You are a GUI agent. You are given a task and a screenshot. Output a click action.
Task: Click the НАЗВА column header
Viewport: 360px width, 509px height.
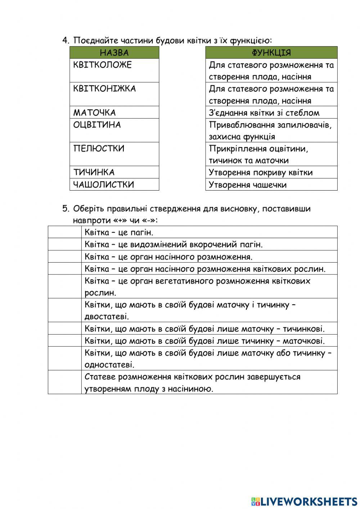tap(114, 53)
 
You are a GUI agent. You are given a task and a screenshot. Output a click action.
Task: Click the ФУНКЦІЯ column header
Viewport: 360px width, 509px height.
tap(271, 53)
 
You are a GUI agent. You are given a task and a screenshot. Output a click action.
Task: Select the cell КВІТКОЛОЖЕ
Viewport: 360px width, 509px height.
tap(114, 70)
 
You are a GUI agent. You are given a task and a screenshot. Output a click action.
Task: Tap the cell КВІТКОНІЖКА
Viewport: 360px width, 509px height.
tap(114, 94)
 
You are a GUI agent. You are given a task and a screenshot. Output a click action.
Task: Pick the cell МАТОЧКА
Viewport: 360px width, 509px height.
tap(114, 112)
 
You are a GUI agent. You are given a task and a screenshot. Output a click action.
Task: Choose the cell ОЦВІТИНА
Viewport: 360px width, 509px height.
tap(114, 130)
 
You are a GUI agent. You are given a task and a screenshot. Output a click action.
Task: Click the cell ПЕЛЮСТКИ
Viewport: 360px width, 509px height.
tap(114, 154)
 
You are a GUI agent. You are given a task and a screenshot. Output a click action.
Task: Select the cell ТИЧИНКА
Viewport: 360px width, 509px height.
tap(114, 172)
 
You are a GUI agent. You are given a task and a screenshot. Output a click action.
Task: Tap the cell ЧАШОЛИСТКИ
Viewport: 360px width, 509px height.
tap(114, 184)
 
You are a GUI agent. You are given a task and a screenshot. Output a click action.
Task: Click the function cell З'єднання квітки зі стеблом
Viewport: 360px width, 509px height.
tap(271, 112)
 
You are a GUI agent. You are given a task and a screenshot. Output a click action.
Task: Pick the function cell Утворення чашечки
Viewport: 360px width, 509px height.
tap(271, 184)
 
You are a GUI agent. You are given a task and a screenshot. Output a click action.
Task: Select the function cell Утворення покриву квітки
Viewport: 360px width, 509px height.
tap(271, 172)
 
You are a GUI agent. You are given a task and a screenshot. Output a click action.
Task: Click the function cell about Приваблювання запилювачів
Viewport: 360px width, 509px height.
tap(271, 130)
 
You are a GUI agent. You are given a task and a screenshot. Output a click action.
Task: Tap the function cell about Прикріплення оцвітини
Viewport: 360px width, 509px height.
tap(271, 154)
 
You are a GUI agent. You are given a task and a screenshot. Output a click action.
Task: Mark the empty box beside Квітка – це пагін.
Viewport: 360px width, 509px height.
tap(65, 232)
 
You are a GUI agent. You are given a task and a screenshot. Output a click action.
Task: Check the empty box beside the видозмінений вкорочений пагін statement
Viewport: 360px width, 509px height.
tap(65, 244)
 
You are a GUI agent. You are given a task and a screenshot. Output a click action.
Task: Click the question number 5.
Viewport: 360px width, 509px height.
tap(65, 209)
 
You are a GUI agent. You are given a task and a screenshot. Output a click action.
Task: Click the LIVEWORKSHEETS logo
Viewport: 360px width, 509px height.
tap(304, 501)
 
